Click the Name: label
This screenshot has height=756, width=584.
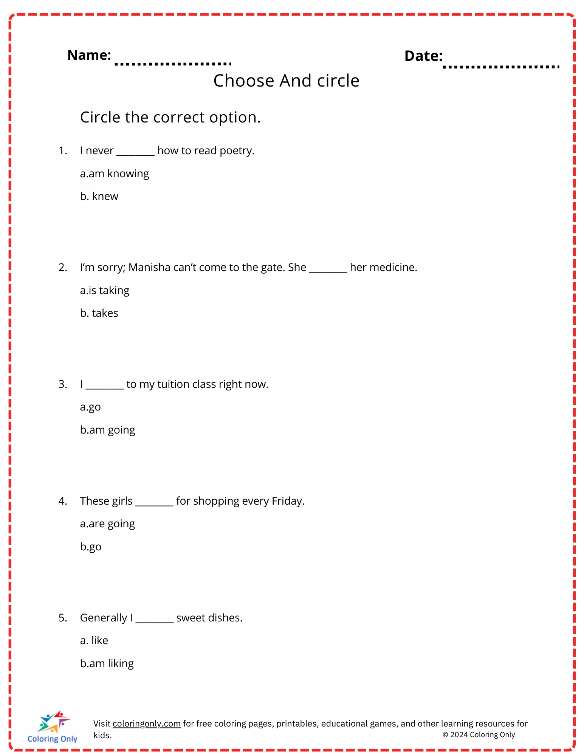pos(89,55)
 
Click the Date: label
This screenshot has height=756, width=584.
pos(423,56)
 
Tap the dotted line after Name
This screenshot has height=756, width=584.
pos(173,64)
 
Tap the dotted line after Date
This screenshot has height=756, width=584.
pos(501,67)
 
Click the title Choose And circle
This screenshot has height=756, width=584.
pos(286,81)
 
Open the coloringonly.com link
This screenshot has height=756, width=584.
pos(146,723)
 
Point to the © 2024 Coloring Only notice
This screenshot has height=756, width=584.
pos(479,734)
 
